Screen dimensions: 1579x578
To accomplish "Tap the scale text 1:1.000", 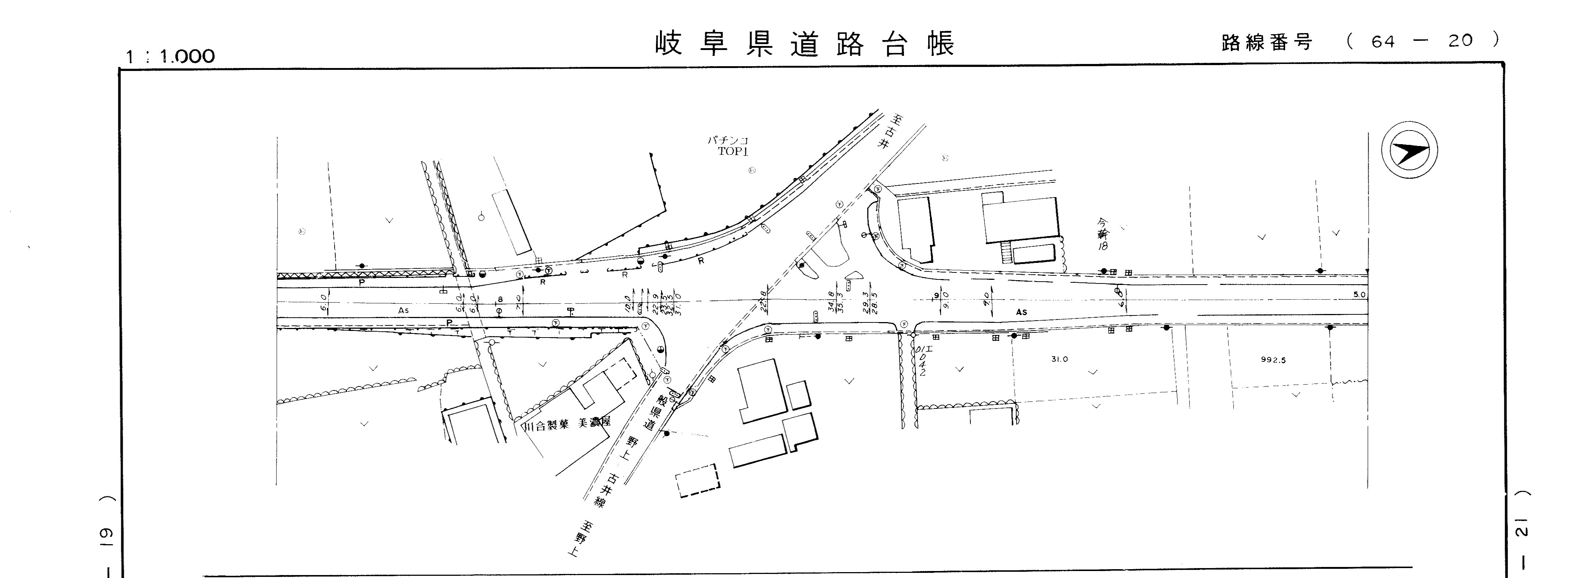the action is pyautogui.click(x=170, y=57).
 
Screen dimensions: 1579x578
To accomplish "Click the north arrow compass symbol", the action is pyautogui.click(x=1409, y=151).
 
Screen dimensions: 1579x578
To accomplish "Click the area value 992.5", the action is pyautogui.click(x=1273, y=360).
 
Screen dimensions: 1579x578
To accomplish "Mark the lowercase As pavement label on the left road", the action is pyautogui.click(x=403, y=310).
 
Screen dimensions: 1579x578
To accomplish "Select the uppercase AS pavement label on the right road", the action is pyautogui.click(x=1021, y=312).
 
